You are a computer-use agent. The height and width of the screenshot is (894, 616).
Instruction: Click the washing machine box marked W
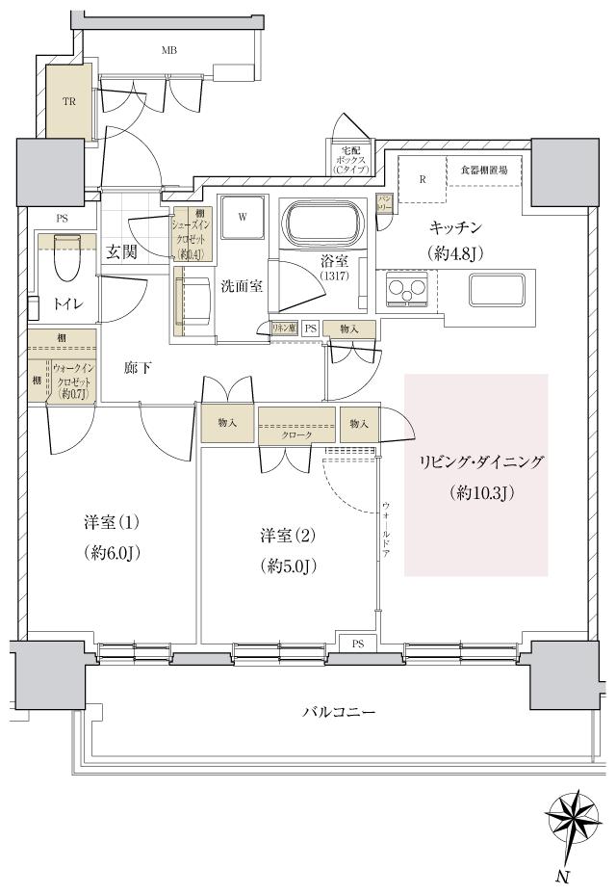point(243,218)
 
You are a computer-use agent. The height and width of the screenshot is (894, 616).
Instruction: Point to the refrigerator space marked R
point(422,179)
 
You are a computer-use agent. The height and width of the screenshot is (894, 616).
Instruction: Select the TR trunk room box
point(69,100)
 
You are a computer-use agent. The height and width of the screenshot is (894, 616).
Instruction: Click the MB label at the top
point(169,50)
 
